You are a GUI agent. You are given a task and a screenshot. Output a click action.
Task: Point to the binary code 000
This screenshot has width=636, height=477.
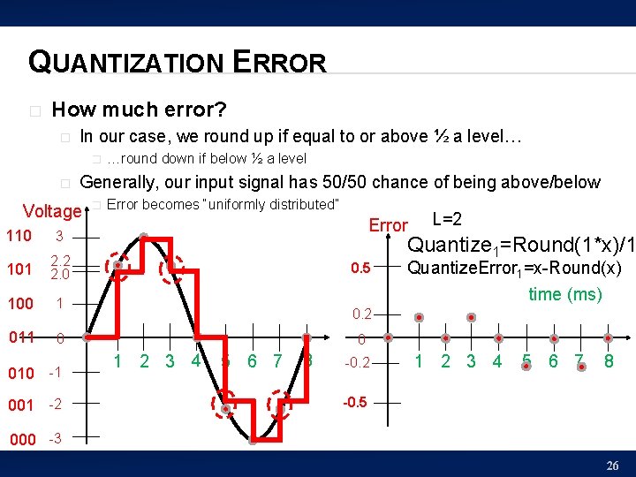pyautogui.click(x=22, y=440)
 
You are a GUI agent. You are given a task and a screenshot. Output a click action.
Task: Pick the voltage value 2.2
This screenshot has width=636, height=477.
pyautogui.click(x=60, y=260)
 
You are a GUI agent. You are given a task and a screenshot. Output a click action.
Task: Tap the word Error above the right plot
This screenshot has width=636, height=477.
pyautogui.click(x=388, y=225)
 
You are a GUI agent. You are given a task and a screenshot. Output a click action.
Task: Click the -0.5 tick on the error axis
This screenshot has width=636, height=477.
pyautogui.click(x=356, y=402)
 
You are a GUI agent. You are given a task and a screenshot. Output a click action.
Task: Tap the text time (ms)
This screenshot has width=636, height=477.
pyautogui.click(x=565, y=294)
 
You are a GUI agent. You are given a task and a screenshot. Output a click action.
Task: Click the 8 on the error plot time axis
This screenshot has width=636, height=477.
pyautogui.click(x=608, y=360)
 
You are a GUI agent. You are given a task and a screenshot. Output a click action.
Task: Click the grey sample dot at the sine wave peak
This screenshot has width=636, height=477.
pyautogui.click(x=142, y=236)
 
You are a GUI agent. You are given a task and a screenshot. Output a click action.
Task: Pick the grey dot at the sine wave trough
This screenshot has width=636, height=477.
pyautogui.click(x=253, y=439)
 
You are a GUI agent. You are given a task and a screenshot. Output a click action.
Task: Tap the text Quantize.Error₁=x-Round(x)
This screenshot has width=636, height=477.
pyautogui.click(x=513, y=269)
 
